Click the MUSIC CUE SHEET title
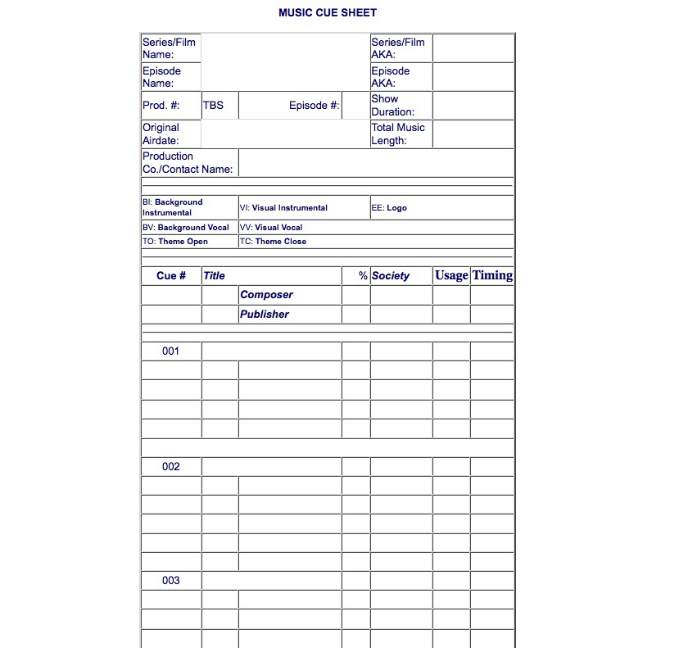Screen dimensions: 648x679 (328, 13)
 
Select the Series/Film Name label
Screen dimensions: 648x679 (169, 48)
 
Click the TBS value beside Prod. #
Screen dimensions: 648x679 (213, 106)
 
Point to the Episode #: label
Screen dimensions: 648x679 (314, 106)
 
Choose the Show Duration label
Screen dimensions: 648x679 (392, 106)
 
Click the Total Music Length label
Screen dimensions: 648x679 (398, 134)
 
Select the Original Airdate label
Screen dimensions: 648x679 (161, 134)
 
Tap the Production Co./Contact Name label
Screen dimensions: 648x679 (188, 162)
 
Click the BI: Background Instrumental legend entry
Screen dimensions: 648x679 (172, 207)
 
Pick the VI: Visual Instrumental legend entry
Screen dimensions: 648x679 (283, 208)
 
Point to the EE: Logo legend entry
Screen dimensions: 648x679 (389, 208)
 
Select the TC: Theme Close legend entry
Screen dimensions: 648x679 (273, 242)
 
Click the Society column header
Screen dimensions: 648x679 (391, 276)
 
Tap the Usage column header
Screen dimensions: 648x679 (451, 275)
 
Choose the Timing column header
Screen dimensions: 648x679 (492, 275)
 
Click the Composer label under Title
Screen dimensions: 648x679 (266, 295)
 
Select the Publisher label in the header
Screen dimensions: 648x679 (264, 315)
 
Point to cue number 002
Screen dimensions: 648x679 (170, 467)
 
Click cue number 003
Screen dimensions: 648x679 (170, 581)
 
